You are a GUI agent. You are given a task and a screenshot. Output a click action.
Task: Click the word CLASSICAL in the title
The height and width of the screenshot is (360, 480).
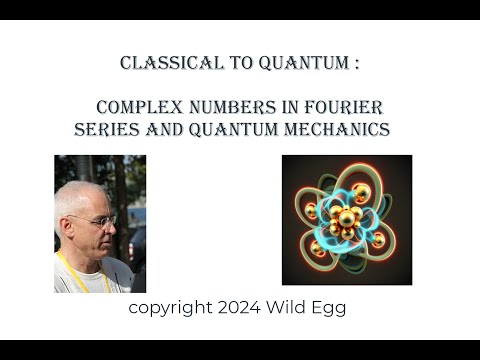[x=172, y=63]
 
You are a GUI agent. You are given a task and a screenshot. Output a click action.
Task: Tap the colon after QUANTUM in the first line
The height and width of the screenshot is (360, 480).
[x=357, y=64]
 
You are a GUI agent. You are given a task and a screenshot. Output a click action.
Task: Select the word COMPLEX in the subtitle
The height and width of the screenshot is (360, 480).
[x=140, y=107]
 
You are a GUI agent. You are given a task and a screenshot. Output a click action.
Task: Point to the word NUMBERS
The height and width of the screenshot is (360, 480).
[x=233, y=107]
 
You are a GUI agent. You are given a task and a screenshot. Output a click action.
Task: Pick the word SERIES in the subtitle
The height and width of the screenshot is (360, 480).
[x=107, y=129]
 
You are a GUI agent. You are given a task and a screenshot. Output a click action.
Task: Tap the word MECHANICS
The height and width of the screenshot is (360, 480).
[x=337, y=129]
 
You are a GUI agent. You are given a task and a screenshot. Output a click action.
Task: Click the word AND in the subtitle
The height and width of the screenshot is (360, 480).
[x=165, y=129]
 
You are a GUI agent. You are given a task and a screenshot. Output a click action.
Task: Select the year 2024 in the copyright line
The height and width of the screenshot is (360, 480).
[x=239, y=307]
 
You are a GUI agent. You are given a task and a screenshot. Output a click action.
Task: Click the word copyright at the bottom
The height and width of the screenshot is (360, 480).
[x=170, y=308]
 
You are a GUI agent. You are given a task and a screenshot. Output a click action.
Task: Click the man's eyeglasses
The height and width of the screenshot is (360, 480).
[x=97, y=221]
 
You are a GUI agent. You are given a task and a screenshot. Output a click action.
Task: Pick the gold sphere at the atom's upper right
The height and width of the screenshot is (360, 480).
[x=362, y=193]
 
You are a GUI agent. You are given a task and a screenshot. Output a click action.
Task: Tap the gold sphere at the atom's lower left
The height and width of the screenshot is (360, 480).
[x=317, y=249]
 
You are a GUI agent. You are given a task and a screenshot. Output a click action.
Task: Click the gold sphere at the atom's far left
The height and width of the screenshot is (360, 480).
[x=311, y=210]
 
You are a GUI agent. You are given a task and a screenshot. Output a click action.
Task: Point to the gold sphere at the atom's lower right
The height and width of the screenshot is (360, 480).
[x=378, y=240]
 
